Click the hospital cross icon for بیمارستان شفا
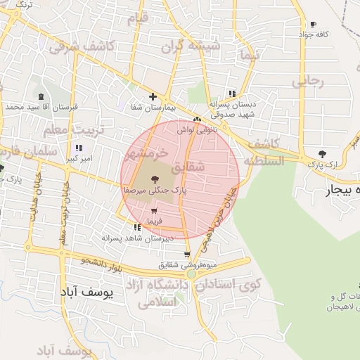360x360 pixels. (x=153, y=97)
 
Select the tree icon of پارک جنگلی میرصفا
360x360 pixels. (x=155, y=180)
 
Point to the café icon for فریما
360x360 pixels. (x=154, y=211)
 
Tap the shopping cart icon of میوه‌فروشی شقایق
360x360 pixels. (x=186, y=255)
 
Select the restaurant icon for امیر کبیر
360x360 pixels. (x=79, y=148)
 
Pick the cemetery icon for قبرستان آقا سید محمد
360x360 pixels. (x=41, y=96)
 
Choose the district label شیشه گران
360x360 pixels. (x=191, y=47)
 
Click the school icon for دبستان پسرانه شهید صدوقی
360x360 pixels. (x=232, y=94)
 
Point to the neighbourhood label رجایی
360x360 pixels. (x=309, y=81)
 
